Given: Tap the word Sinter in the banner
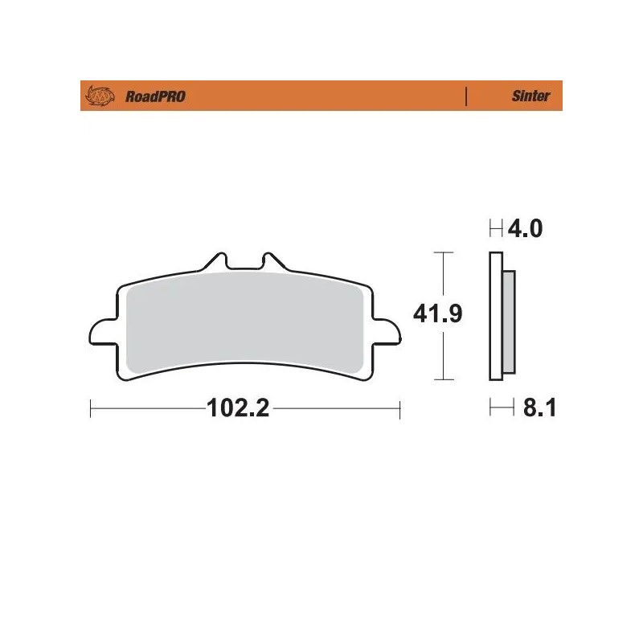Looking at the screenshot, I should coord(530,96).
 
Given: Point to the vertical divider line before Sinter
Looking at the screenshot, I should coord(466,96).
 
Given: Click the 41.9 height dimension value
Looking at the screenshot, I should coord(440,313).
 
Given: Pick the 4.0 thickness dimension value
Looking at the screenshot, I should coord(526,230).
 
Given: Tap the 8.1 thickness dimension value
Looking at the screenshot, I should coord(540,409).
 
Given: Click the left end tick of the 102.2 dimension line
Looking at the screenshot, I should coord(91,409).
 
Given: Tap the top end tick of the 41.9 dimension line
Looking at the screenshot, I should coord(440,252).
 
